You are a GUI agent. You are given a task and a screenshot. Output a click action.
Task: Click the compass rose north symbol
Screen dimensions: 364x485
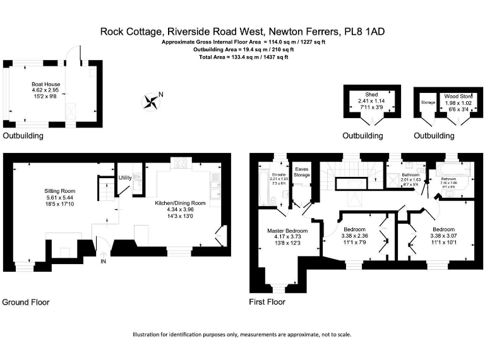point(152,100)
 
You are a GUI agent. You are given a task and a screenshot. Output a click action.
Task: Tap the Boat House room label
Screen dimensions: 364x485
point(44,83)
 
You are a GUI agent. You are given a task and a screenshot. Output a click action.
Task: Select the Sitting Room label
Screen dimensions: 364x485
point(59,190)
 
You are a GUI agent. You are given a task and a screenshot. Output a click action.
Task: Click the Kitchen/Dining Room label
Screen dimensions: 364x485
point(181,203)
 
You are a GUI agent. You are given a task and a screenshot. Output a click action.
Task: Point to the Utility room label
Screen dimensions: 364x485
point(125,178)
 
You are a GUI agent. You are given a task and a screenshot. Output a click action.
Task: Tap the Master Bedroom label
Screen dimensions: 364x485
point(287,231)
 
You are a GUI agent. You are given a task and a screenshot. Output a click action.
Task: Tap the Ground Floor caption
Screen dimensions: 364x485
point(26,302)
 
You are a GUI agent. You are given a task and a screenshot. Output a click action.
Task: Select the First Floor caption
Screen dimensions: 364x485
point(268,302)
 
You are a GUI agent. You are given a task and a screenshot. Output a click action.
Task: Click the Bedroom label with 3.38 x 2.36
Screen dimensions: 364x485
point(354,229)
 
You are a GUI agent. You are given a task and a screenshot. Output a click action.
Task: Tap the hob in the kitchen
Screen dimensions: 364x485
point(181,162)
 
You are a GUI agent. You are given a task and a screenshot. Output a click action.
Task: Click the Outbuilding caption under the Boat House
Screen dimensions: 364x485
point(23,136)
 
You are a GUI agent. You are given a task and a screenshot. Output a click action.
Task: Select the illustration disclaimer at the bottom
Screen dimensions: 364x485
point(242,334)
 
